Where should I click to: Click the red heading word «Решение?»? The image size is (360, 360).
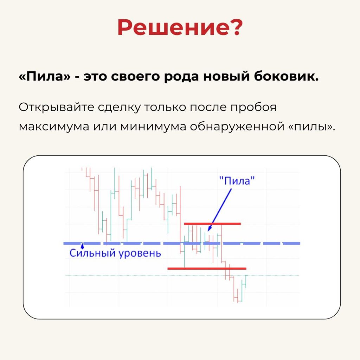coord(180,27)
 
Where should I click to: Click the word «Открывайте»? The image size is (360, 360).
coord(56,107)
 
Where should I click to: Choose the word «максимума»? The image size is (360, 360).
coord(54,127)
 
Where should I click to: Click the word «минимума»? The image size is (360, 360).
coord(153,127)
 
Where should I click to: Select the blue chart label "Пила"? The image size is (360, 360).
coord(237,181)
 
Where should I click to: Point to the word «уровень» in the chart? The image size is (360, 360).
coord(140,254)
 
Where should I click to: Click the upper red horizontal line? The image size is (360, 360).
coord(212,224)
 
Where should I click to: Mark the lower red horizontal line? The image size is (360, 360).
coord(207,268)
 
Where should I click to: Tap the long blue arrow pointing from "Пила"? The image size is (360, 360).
coord(219,210)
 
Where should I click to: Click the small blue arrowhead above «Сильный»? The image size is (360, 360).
coord(82,246)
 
